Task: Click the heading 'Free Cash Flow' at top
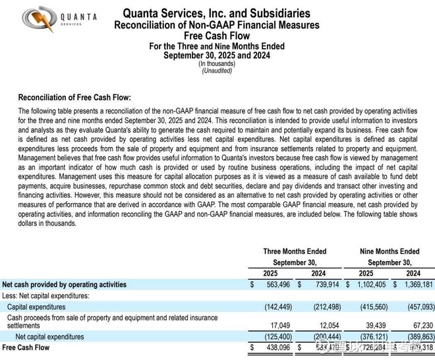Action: tap(217, 36)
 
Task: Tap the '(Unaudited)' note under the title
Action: tap(217, 71)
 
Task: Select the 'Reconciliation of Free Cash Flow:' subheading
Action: tap(74, 97)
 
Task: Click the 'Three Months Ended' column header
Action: tap(294, 251)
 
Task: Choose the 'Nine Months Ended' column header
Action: tap(390, 251)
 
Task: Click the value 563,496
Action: tap(276, 285)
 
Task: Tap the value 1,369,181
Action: tap(415, 285)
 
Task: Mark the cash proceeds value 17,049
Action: tap(280, 324)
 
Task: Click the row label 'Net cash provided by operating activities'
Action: tap(65, 285)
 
